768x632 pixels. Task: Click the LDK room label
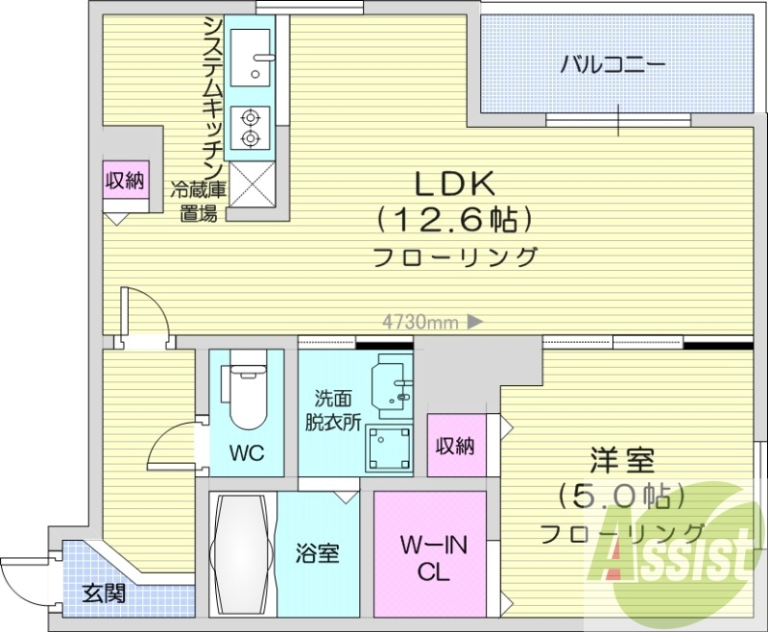pos(454,184)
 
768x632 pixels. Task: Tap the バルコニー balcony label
pos(612,65)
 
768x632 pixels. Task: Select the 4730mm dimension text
pos(420,323)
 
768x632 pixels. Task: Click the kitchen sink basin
pos(251,58)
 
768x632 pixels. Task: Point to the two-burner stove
pos(251,129)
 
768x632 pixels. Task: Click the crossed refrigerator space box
pos(252,184)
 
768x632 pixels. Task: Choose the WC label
pos(247,452)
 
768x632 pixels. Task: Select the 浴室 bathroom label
pos(318,553)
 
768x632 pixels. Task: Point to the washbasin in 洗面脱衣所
pos(392,385)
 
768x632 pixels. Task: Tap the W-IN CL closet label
pos(434,558)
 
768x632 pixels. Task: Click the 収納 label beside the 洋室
pos(455,447)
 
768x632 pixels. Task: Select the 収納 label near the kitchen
pos(125,181)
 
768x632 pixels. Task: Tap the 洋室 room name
pos(622,460)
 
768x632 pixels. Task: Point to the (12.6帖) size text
pos(454,220)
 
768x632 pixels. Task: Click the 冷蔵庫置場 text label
pos(199,202)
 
